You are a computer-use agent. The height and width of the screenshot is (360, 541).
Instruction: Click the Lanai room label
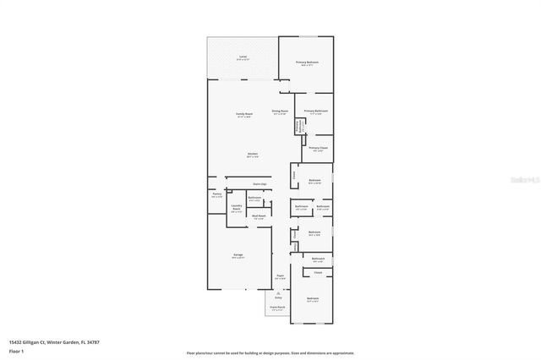pyautogui.click(x=243, y=57)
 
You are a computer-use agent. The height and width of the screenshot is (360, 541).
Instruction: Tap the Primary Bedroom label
pyautogui.click(x=307, y=63)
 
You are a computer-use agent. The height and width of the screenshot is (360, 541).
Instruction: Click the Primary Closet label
pyautogui.click(x=318, y=148)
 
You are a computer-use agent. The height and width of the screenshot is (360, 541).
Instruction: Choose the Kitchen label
pyautogui.click(x=252, y=154)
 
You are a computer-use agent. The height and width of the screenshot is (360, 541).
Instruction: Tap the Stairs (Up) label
pyautogui.click(x=260, y=183)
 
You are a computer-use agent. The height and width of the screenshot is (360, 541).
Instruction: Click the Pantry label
pyautogui.click(x=216, y=194)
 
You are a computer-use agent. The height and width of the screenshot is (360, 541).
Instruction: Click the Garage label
pyautogui.click(x=239, y=254)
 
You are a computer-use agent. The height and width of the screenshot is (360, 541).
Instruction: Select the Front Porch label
pyautogui.click(x=277, y=307)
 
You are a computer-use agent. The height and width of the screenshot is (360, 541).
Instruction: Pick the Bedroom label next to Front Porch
pyautogui.click(x=313, y=299)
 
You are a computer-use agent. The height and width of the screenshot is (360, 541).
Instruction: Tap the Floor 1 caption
pyautogui.click(x=16, y=352)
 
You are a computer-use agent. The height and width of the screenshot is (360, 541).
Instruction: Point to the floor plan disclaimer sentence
pyautogui.click(x=270, y=352)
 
